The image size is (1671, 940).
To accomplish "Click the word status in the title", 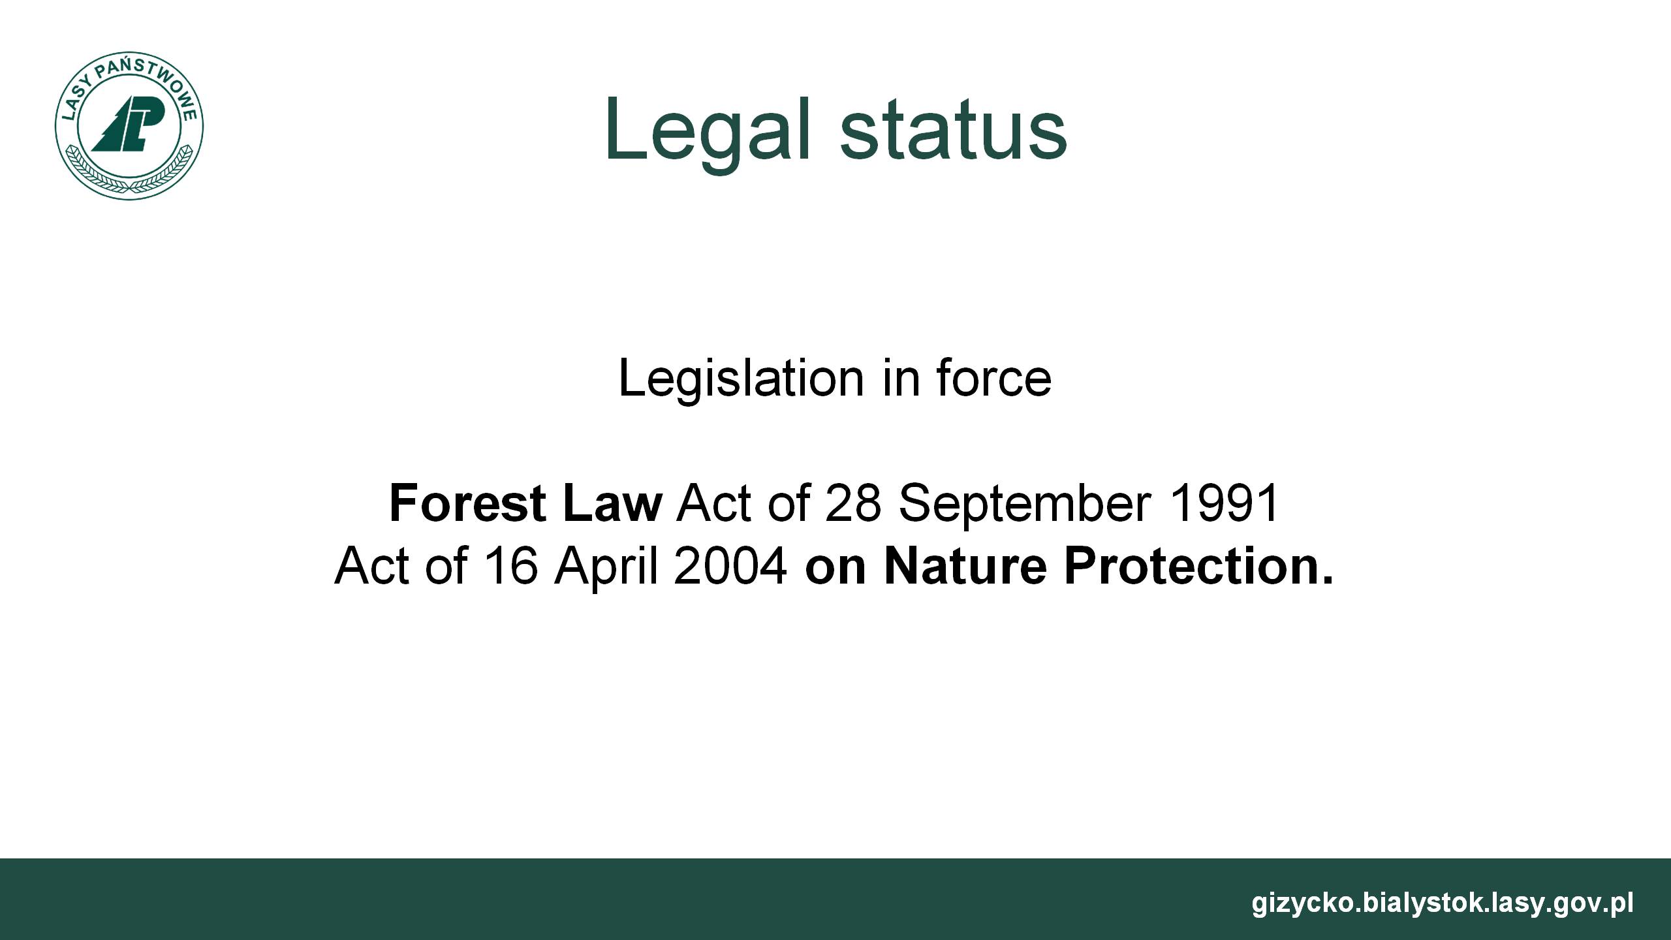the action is click(x=954, y=131).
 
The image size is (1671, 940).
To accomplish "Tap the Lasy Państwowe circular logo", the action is click(x=129, y=125).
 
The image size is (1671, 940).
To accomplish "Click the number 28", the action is click(x=853, y=503).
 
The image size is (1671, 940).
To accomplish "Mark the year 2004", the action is click(x=730, y=565).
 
